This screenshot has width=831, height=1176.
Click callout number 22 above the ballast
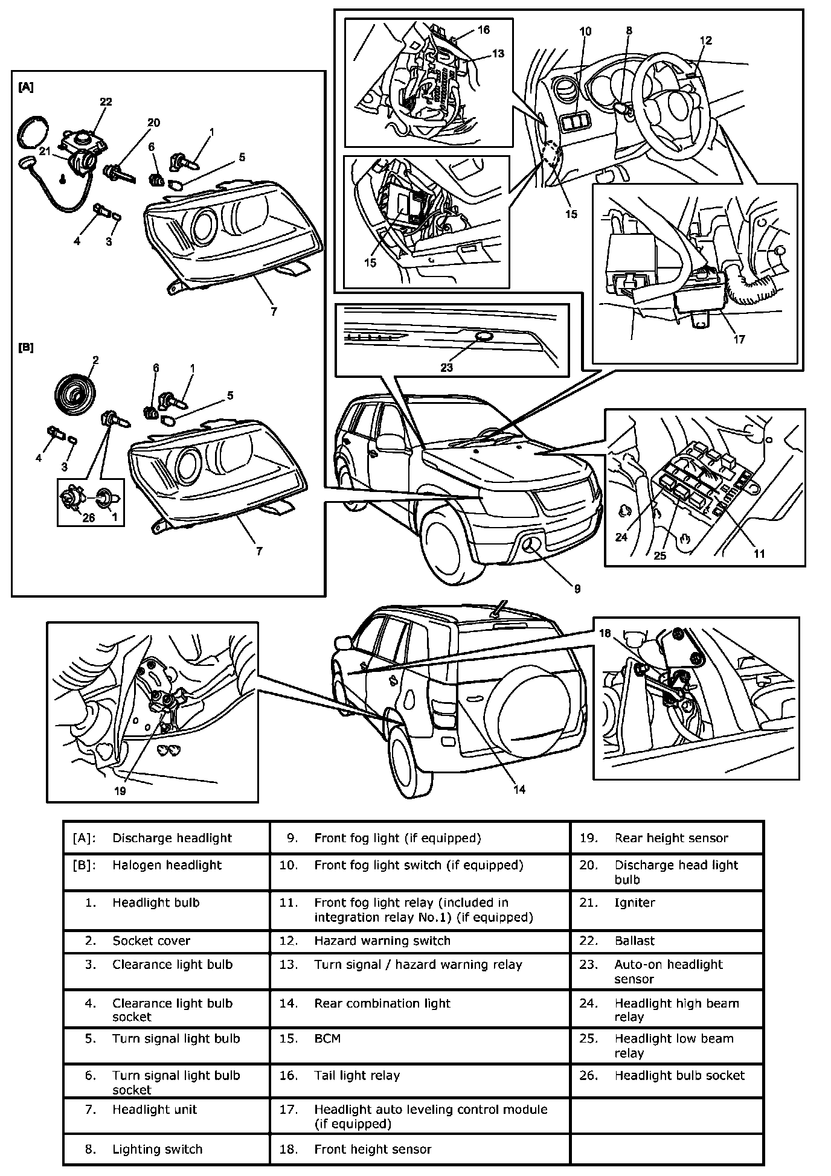106,102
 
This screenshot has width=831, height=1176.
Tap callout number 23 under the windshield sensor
446,367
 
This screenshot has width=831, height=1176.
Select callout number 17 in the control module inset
739,339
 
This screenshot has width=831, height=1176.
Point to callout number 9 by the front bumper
577,588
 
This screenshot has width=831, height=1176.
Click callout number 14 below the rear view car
519,789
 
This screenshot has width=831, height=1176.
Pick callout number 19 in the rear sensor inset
120,791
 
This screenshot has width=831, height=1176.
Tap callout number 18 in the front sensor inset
605,633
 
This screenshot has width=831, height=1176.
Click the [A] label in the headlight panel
26,88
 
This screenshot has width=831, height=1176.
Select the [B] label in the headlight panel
26,348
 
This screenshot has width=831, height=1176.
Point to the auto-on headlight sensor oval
484,336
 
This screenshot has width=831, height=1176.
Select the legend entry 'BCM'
327,1038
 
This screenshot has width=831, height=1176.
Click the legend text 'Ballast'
634,941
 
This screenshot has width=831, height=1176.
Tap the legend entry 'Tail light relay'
356,1075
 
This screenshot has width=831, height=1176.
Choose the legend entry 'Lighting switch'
157,1149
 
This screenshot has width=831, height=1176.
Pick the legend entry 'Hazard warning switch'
382,941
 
